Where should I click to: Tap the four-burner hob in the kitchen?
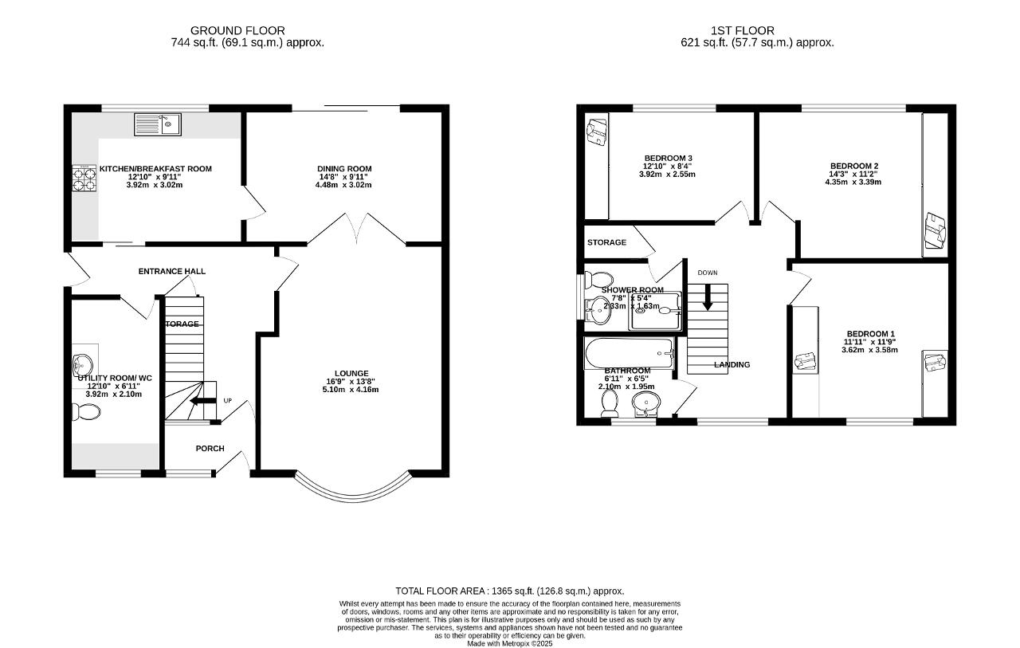click(x=84, y=179)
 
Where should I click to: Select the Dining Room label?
click(x=344, y=168)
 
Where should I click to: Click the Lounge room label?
click(x=351, y=373)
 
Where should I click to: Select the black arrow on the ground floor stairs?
click(x=205, y=401)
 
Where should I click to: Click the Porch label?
click(x=210, y=449)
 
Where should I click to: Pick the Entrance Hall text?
click(x=172, y=271)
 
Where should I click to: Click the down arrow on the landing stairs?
click(x=707, y=300)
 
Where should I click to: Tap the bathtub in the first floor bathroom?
click(x=629, y=351)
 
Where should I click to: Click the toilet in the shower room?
click(x=597, y=280)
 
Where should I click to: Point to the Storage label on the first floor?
click(x=606, y=242)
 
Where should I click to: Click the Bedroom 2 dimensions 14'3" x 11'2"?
click(x=853, y=174)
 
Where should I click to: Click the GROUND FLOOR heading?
click(x=249, y=31)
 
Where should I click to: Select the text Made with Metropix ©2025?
click(x=509, y=643)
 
